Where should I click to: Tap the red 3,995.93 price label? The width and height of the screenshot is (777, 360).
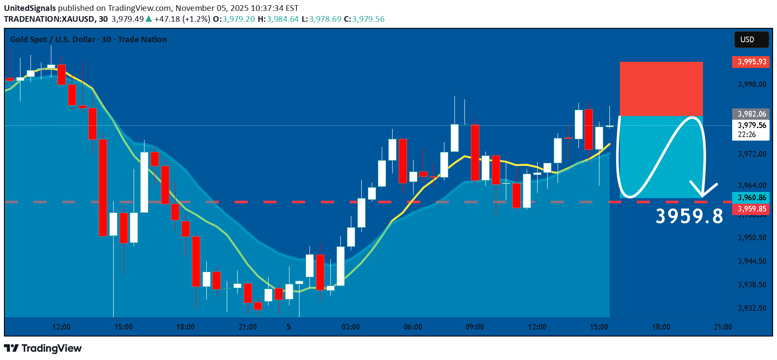pos(751,62)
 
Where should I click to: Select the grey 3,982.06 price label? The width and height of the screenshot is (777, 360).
pos(751,114)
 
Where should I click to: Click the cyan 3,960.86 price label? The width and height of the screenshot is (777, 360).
pos(751,198)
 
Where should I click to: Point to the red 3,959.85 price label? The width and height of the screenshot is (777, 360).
pos(751,209)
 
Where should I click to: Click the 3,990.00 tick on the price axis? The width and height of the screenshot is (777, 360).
pos(752,84)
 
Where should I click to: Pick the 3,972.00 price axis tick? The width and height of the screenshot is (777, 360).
pos(752,154)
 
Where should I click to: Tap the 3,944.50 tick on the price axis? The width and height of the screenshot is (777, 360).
pos(752,261)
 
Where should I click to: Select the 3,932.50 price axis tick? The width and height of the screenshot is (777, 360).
pos(752,308)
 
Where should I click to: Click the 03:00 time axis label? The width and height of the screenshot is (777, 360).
pos(350,327)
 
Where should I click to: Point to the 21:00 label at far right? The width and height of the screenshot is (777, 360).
pos(723,327)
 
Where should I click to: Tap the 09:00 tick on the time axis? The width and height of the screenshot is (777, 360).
pos(474,327)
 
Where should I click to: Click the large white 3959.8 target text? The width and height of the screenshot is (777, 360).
pos(689,216)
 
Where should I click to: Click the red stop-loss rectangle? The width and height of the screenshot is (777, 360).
pos(661,89)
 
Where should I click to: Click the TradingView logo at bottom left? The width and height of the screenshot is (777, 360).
pos(43,348)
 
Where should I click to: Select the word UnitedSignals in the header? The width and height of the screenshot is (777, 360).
pos(30,8)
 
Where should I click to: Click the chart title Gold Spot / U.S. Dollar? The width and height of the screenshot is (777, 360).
pos(52,40)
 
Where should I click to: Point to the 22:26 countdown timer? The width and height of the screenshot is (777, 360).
pos(747,135)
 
